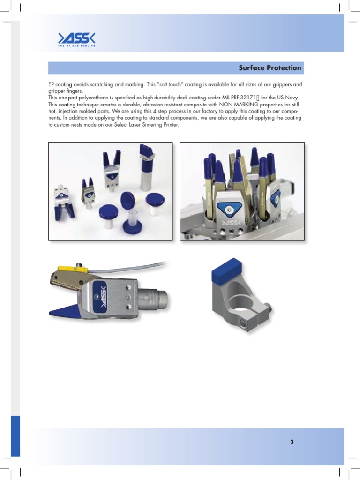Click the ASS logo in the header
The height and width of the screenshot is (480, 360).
pos(76,39)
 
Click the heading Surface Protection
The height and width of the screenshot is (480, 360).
pos(270,68)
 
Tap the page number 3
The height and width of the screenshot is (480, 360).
pos(292,442)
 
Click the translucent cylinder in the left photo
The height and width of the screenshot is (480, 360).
pos(133,217)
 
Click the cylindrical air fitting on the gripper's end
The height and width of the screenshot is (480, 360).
pos(160,299)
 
